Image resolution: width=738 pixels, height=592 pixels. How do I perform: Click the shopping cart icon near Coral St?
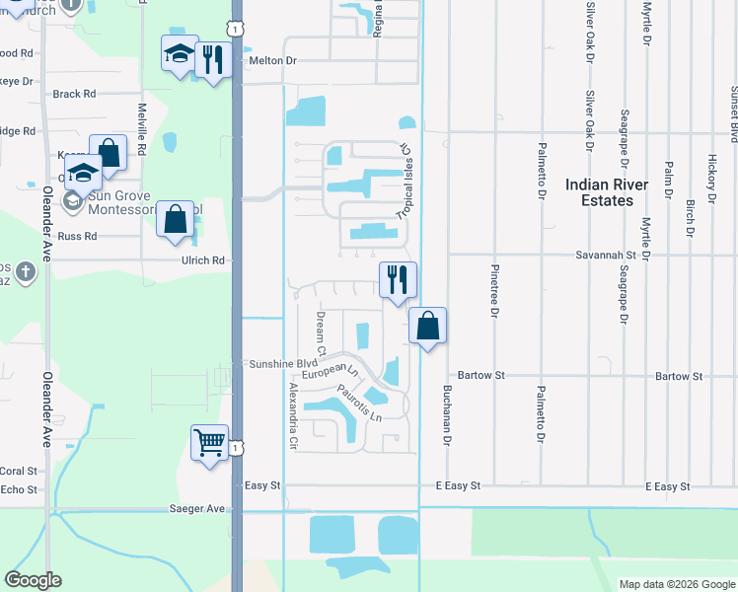coord(210,443)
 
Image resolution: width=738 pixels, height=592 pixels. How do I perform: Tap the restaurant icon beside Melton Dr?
coord(213,60)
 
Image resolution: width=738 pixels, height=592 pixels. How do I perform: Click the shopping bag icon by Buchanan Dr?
coord(428,326)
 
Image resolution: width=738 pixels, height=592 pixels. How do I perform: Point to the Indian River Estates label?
coord(607,192)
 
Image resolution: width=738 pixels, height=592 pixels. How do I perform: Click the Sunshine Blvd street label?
coord(275,364)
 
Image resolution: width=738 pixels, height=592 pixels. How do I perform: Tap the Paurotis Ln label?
coord(358,404)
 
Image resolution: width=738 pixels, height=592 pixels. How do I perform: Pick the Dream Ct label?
coord(321,333)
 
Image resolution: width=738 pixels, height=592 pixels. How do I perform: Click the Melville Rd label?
coord(142,128)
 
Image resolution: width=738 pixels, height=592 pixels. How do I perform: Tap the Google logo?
coord(33,580)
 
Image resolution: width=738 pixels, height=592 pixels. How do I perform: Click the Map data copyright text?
coord(675,584)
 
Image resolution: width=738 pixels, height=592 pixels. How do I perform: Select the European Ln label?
coord(330,373)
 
